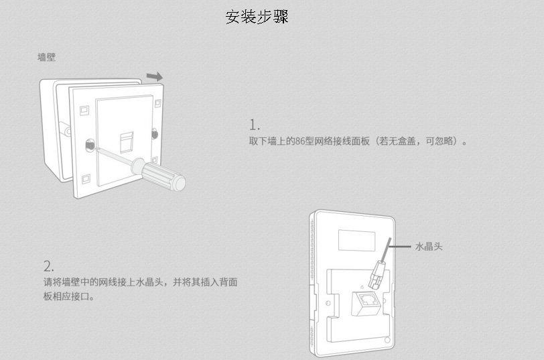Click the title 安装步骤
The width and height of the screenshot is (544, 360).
click(x=257, y=17)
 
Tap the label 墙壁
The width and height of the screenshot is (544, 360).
click(x=46, y=58)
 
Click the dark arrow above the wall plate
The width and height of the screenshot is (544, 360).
click(x=154, y=76)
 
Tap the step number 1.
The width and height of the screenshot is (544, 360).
click(x=254, y=125)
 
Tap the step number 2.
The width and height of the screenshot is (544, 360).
click(x=48, y=265)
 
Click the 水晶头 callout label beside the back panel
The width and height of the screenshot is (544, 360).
click(x=429, y=247)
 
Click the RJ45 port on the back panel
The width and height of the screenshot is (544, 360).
click(x=366, y=302)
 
